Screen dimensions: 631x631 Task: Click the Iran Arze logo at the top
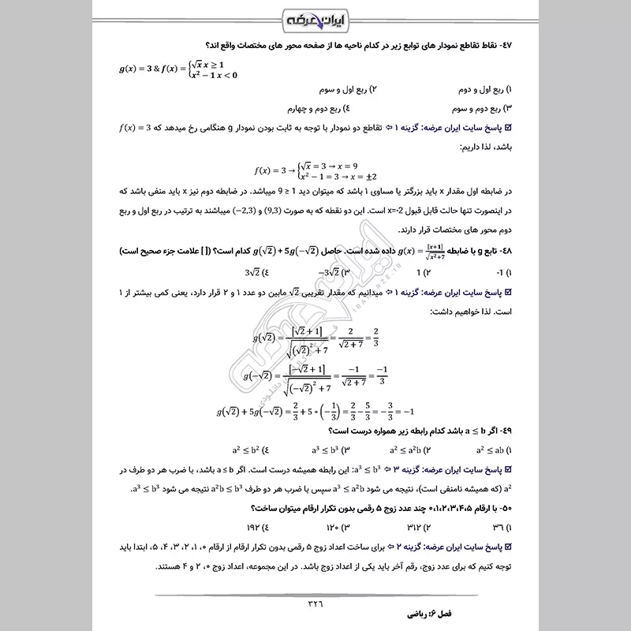click(315, 17)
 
